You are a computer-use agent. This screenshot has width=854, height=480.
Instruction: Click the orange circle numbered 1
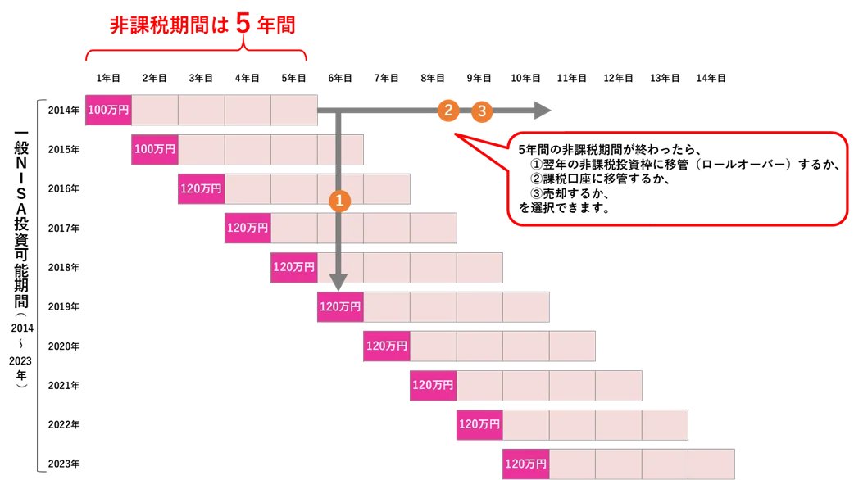point(339,201)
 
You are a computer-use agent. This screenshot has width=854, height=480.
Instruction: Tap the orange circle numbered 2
point(448,111)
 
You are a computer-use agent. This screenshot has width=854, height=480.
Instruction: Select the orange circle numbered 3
point(481,111)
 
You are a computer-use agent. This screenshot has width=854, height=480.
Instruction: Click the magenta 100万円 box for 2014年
point(108,110)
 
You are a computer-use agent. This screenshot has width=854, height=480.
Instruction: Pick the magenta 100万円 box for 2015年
point(155,149)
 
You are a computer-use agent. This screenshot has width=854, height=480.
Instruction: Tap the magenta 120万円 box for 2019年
point(340,306)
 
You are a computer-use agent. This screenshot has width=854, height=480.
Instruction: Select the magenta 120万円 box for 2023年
point(525,464)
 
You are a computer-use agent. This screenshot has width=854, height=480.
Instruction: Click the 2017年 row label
point(64,228)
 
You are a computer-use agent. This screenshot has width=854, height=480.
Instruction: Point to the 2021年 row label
point(64,385)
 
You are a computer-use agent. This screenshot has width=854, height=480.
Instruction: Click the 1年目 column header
point(108,78)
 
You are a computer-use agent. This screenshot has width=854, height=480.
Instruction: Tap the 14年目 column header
point(711,78)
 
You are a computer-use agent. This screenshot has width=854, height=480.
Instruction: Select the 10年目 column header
point(525,78)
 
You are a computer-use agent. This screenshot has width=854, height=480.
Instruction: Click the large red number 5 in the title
point(243,24)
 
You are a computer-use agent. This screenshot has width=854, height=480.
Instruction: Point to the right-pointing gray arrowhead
point(543,111)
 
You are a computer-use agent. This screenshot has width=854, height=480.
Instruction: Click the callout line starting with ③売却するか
point(570,193)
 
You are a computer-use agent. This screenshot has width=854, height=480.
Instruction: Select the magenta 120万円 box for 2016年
point(202,189)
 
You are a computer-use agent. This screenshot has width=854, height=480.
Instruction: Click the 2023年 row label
point(64,464)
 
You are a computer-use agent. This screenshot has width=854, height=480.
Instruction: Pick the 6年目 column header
point(340,78)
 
